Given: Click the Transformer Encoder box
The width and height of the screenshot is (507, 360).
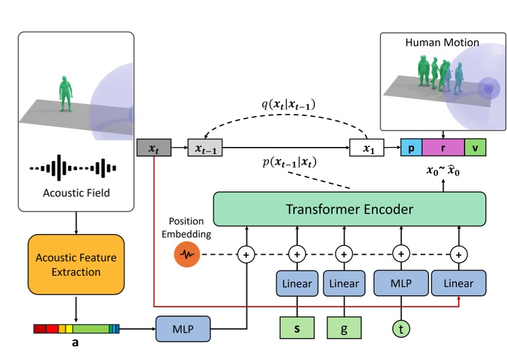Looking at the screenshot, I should tap(349, 209).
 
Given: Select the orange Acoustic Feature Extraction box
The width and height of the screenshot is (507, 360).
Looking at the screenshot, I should tap(77, 264).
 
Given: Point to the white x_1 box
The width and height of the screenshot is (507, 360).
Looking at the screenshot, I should tap(368, 148).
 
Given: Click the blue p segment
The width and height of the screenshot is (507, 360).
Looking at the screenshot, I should tap(411, 148).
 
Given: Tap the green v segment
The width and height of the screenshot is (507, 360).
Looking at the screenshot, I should tap(475, 148).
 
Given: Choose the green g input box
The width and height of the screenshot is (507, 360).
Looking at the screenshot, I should tap(343, 328).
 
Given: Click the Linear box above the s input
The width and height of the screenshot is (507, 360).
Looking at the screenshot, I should tap(297, 283).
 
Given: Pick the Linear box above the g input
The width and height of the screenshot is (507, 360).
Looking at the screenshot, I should tap(343, 283).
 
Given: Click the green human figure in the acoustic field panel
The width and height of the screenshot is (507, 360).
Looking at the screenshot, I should tap(63, 95).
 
